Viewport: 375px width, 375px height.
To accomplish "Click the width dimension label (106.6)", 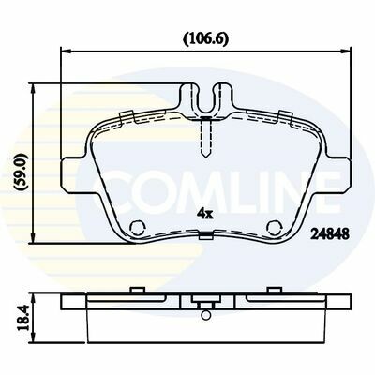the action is [x=205, y=39].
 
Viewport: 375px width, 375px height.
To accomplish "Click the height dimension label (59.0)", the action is [x=22, y=172].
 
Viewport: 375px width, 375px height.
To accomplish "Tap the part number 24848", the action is [x=329, y=233].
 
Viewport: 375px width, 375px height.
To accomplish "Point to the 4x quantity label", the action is [x=204, y=214].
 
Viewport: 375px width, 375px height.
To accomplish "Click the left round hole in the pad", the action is [x=137, y=227].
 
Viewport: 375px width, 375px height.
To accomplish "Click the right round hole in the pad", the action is [x=275, y=227].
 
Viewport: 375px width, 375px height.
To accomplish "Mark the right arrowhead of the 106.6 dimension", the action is [x=345, y=50].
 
